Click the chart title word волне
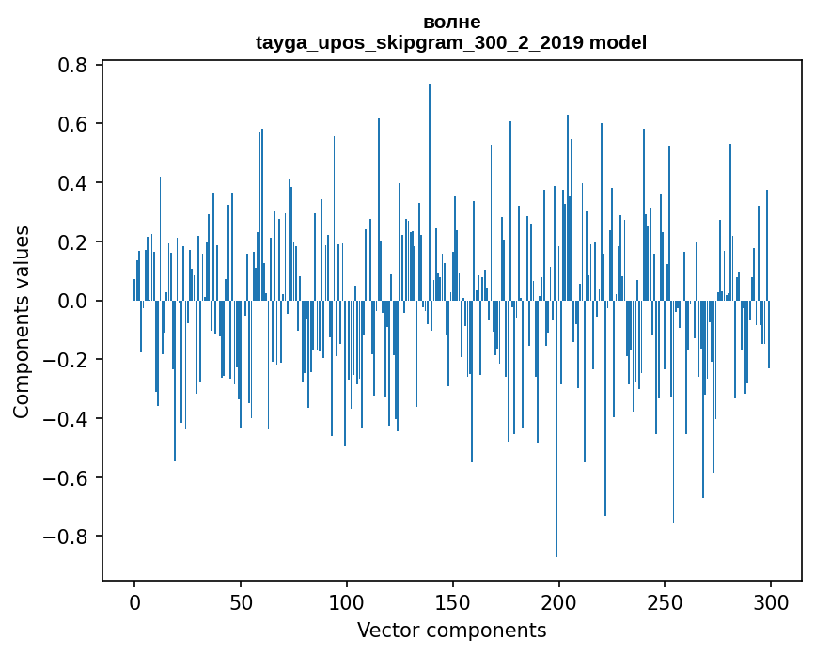[x=451, y=22]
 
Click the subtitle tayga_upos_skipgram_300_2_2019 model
[x=451, y=42]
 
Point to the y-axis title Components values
[x=21, y=321]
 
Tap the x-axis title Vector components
[x=451, y=630]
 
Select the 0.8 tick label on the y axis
[x=73, y=65]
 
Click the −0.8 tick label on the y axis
[x=66, y=537]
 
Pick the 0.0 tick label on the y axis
[x=73, y=301]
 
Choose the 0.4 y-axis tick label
[x=73, y=182]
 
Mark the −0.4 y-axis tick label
[x=66, y=419]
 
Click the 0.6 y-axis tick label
[x=73, y=124]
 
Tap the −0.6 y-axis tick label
[x=66, y=478]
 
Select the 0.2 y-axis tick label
[x=73, y=241]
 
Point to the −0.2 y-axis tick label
[x=66, y=360]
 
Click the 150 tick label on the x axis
[x=452, y=601]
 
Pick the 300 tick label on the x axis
[x=771, y=601]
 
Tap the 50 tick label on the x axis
[x=241, y=601]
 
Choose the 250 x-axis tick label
[x=665, y=601]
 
